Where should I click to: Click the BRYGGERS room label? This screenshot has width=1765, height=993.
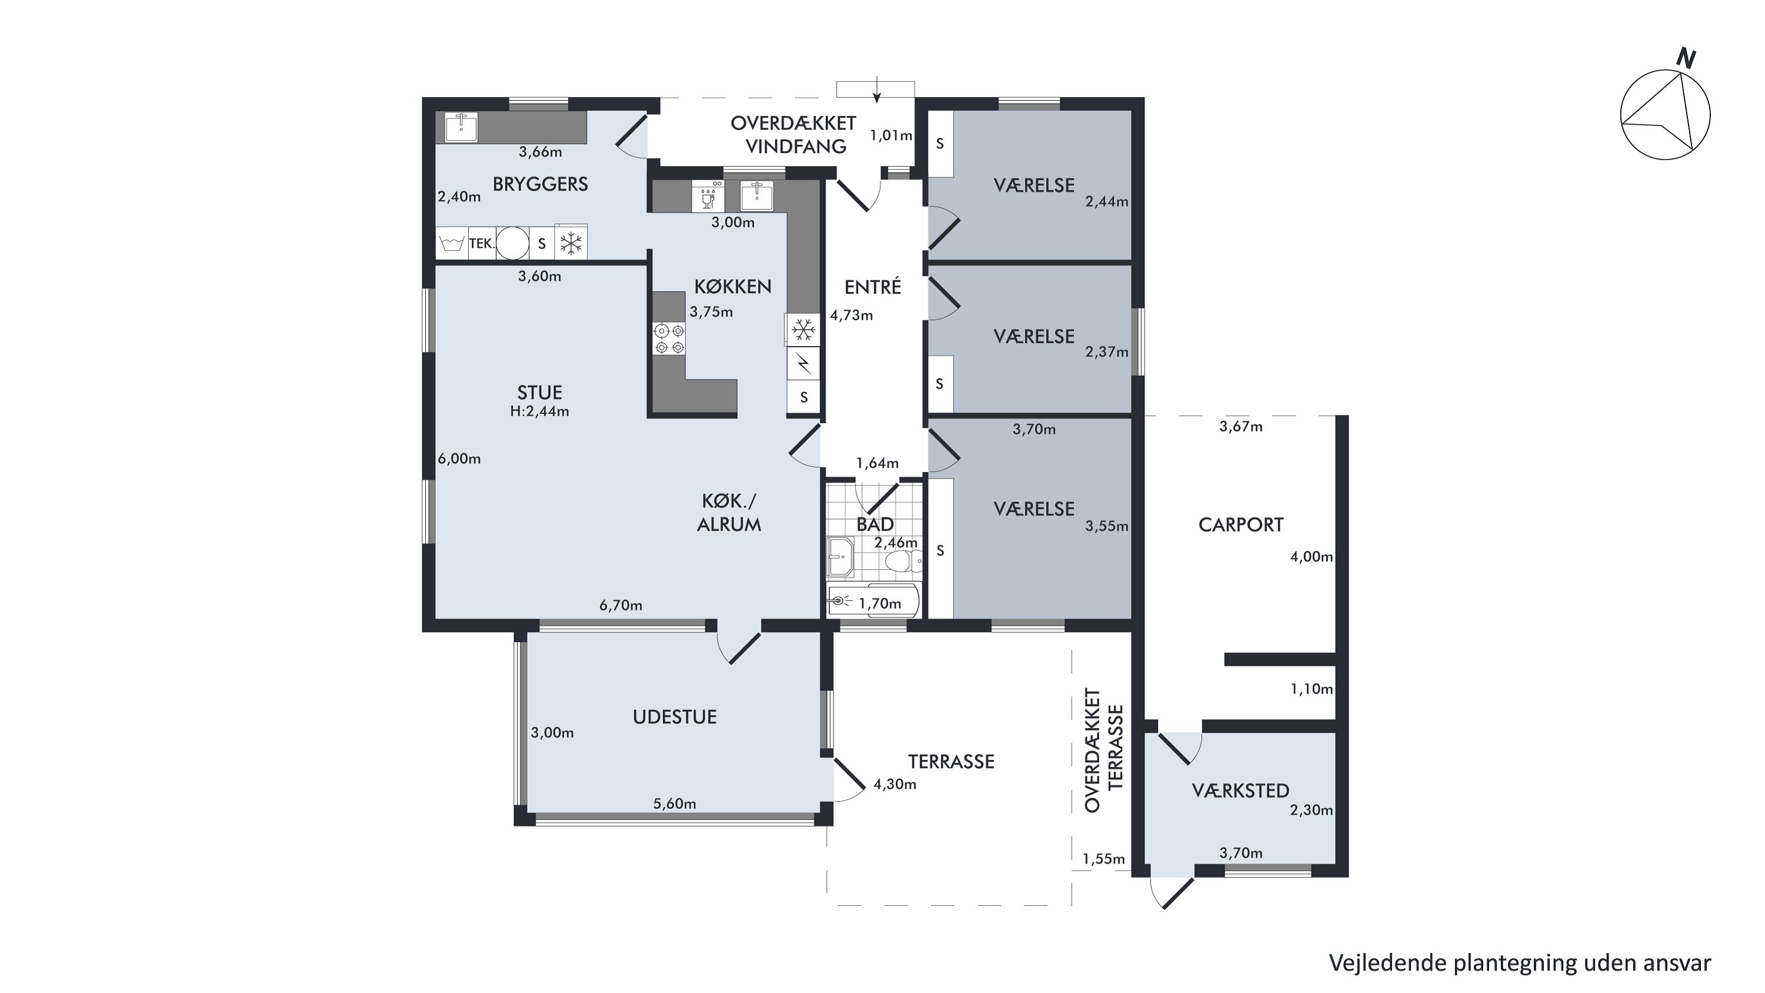click(540, 184)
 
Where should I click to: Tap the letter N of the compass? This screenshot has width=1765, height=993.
click(1686, 58)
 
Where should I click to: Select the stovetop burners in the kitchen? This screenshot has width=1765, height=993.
click(670, 339)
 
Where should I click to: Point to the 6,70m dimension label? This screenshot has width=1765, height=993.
click(621, 605)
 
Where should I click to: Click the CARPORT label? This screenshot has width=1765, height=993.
click(1241, 525)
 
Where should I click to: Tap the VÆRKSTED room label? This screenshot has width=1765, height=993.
click(1241, 791)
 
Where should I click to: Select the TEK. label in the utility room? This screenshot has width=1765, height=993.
click(482, 243)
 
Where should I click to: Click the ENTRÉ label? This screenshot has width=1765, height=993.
click(872, 287)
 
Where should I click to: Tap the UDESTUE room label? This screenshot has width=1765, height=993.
click(675, 717)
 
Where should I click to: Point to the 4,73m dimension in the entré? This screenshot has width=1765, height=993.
click(852, 315)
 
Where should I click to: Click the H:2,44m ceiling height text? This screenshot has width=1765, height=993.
click(540, 411)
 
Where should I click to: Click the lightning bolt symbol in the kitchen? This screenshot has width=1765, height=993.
click(803, 364)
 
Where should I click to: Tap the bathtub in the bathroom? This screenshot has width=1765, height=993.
click(873, 602)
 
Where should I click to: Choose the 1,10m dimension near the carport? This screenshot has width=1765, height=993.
click(1311, 689)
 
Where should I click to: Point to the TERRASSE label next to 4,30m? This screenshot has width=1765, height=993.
click(951, 761)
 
